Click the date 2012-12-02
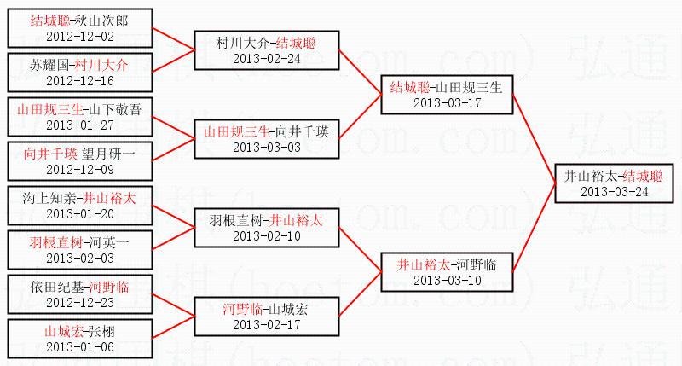pos(79,36)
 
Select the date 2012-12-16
pos(79,81)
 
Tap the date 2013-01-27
pos(79,125)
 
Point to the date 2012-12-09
pos(79,170)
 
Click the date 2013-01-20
pos(79,214)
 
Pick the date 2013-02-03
pos(79,259)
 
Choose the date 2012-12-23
pos(79,303)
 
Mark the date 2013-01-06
pos(79,347)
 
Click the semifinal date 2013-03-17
pos(447,103)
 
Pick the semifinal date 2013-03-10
pos(447,281)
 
